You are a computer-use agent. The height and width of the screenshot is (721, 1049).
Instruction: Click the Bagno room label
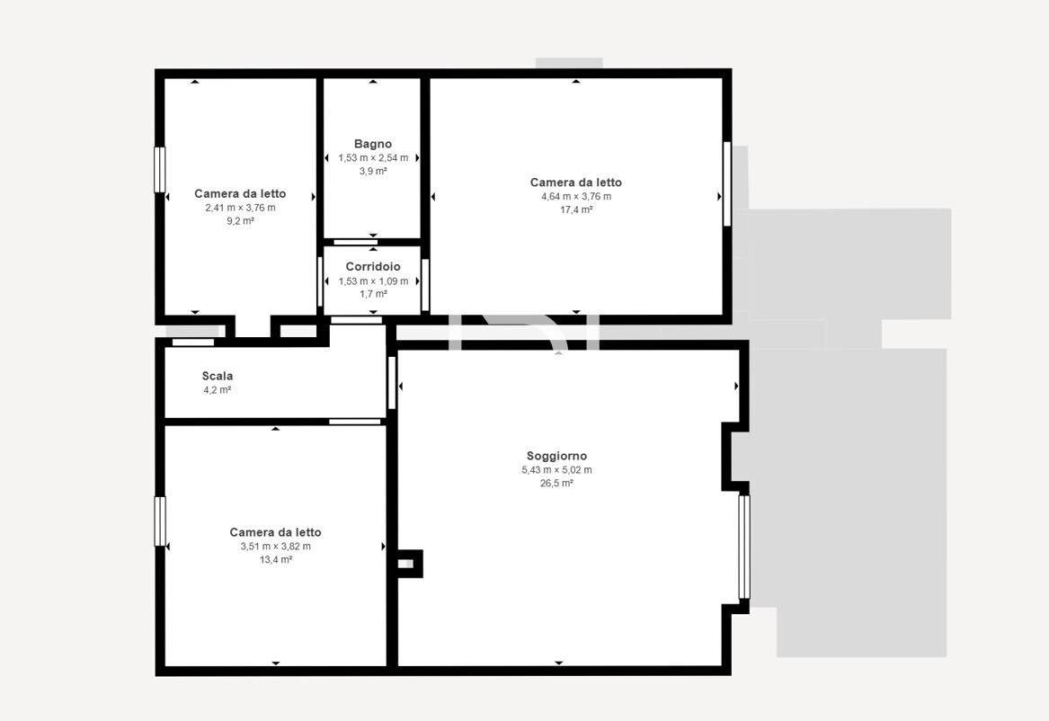coord(373,144)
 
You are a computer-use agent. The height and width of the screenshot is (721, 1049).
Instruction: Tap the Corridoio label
coord(373,267)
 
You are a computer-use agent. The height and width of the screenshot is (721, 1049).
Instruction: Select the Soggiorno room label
coord(556,456)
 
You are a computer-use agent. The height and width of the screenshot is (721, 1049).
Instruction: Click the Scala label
coord(218,376)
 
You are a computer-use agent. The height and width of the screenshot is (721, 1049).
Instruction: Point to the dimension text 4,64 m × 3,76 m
coord(576,197)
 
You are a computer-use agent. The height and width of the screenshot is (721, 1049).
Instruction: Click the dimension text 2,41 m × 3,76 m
coord(240,208)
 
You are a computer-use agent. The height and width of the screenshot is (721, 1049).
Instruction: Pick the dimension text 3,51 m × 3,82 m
coord(276,547)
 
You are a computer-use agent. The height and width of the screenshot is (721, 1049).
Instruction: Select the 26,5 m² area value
coord(556,483)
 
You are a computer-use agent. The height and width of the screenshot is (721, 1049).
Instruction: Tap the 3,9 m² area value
coord(373,171)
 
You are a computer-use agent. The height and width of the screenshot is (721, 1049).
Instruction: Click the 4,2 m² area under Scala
coord(218,390)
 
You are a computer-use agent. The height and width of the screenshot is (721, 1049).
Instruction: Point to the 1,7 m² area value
coord(373,294)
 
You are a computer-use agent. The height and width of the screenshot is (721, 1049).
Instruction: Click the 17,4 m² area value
coord(576,210)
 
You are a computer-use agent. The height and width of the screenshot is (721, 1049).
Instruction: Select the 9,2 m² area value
coord(240,221)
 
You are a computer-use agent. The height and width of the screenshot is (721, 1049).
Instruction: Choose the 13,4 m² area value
coord(276,560)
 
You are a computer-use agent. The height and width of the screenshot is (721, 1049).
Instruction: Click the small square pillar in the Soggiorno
coord(409,564)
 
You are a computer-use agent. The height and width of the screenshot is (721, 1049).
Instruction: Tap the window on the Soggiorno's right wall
coord(744,547)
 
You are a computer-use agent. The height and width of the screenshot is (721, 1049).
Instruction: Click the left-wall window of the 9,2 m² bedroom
coord(159,170)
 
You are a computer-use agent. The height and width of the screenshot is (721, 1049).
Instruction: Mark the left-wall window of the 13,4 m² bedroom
coord(159,521)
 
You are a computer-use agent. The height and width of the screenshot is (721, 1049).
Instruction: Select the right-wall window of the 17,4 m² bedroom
coord(727,184)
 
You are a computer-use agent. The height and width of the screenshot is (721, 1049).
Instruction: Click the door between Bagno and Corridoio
coord(355,242)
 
